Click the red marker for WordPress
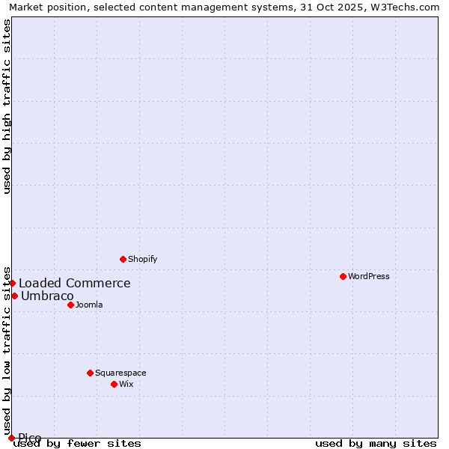point(343,276)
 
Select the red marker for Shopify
point(123,259)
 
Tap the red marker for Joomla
point(70,305)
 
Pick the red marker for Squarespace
point(90,373)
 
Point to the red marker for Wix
point(114,384)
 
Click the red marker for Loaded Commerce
point(13,283)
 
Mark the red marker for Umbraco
point(14,296)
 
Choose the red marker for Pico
point(11,438)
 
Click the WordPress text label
point(369,276)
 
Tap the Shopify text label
point(143,259)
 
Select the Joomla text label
point(89,305)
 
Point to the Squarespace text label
point(120,373)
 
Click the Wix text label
point(126,384)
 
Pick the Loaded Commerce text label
point(75,283)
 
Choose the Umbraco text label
point(47,296)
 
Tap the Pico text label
point(30,438)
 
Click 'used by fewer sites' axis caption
point(78,443)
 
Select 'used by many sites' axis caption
point(376,443)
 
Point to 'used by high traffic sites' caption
point(7,106)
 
